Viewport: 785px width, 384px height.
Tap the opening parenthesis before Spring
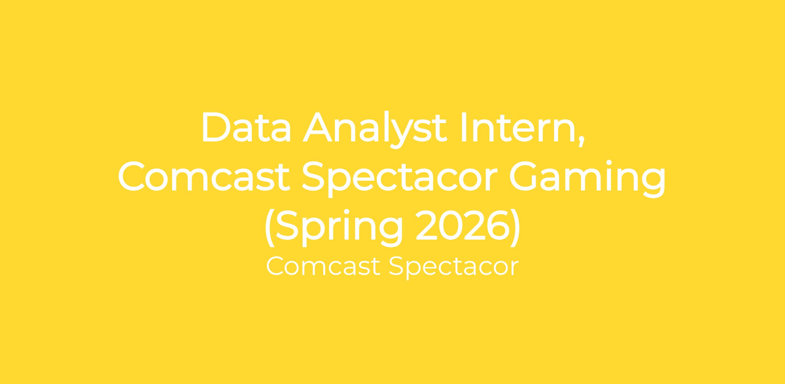point(269,228)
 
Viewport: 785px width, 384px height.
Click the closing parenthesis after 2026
point(515,228)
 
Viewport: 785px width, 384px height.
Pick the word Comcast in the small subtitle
point(323,266)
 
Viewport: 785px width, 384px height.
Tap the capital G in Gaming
point(524,176)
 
